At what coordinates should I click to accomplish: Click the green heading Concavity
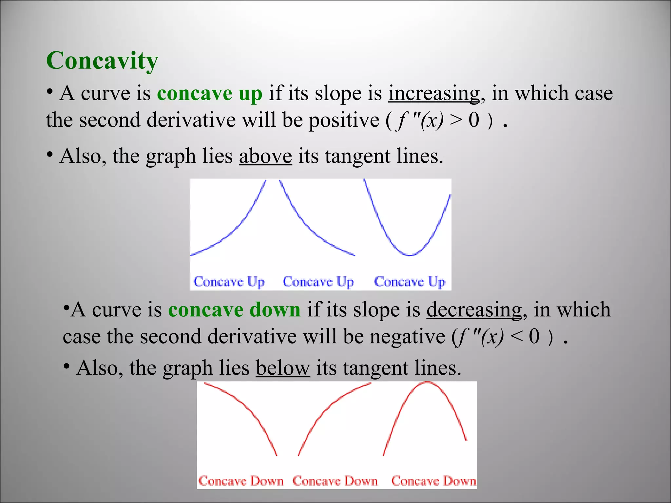102,61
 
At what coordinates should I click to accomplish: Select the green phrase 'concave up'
210,93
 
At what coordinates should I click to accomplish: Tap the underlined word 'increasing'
434,93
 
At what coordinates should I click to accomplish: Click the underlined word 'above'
265,156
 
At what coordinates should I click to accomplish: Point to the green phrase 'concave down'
234,309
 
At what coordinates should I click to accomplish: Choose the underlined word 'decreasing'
474,309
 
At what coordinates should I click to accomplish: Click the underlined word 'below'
283,368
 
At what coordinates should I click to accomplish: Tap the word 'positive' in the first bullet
344,120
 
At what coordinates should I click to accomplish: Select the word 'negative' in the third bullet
407,336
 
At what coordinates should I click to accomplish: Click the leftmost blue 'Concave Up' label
229,282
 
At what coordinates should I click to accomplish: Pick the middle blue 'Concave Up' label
318,282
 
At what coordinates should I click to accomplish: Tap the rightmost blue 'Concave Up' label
410,282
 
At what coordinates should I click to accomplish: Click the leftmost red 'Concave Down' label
241,481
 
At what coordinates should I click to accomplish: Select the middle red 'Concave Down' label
335,481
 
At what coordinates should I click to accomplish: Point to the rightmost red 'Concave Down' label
433,481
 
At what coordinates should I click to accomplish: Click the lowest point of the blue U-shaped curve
410,255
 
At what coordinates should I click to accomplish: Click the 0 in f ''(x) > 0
474,120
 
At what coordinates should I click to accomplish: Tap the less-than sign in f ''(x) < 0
516,336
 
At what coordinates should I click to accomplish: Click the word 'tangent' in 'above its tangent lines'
357,156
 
